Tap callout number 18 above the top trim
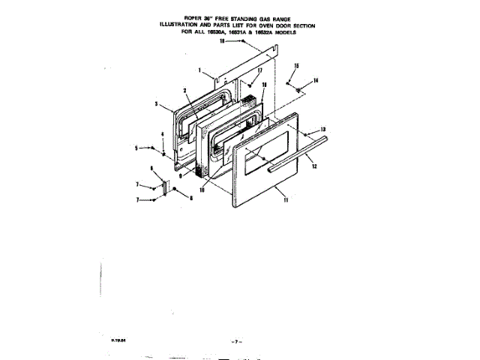click(x=223, y=43)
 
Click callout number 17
click(x=259, y=70)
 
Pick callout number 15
click(x=296, y=67)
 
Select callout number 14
click(x=316, y=80)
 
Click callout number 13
click(x=323, y=129)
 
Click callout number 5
click(x=136, y=148)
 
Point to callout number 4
click(x=162, y=135)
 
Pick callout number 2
click(x=184, y=91)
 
